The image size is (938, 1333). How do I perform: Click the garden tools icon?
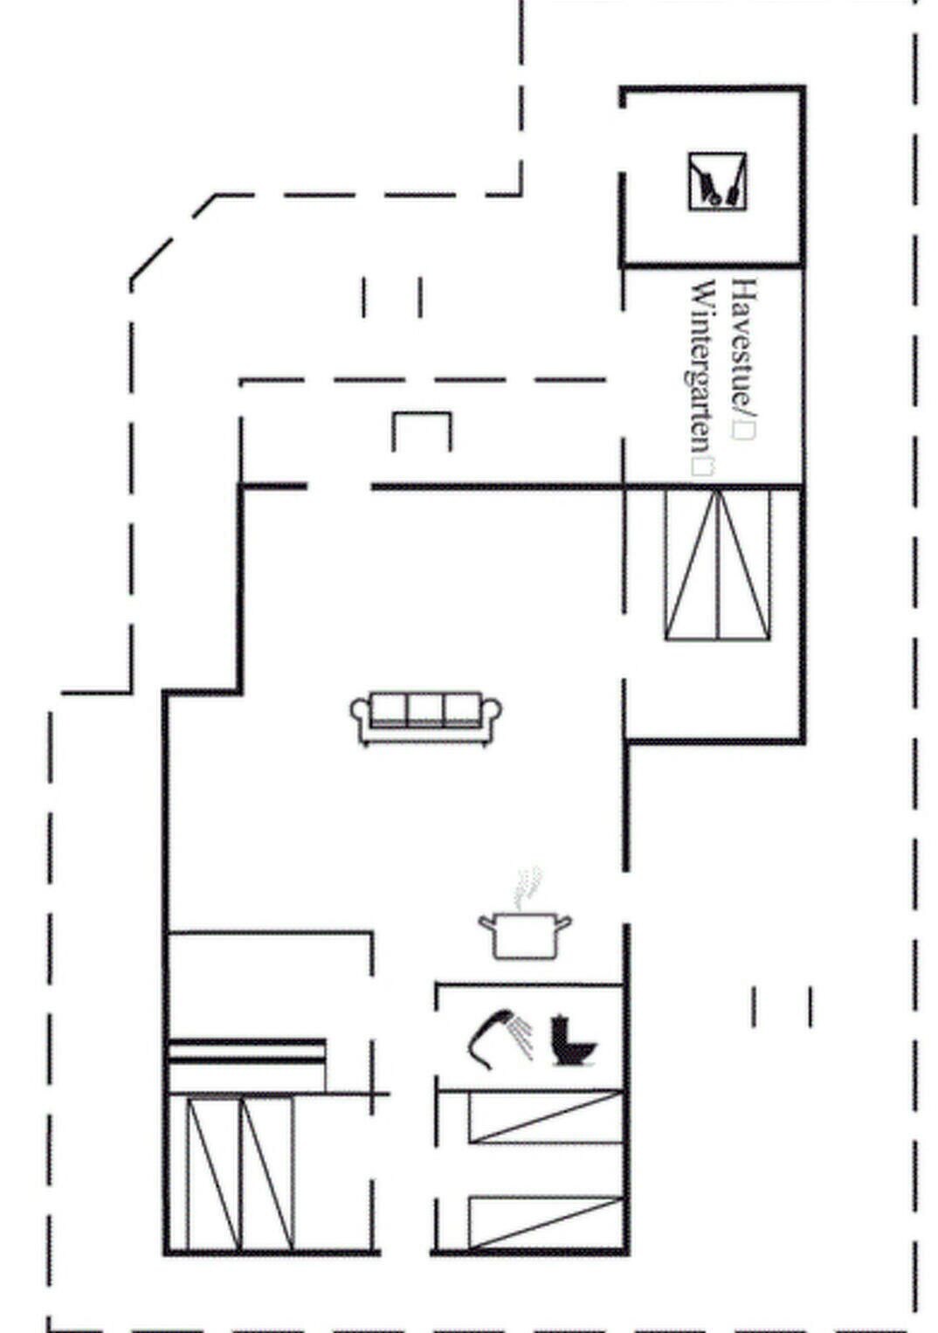pyautogui.click(x=717, y=181)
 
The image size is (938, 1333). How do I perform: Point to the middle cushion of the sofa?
pyautogui.click(x=425, y=709)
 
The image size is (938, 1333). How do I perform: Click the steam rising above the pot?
pyautogui.click(x=528, y=888)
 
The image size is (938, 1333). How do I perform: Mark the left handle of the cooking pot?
pyautogui.click(x=487, y=923)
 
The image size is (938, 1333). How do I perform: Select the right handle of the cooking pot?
pyautogui.click(x=563, y=923)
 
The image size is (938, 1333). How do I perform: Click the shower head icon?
pyautogui.click(x=500, y=1039)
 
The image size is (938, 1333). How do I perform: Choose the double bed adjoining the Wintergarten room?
pyautogui.click(x=717, y=564)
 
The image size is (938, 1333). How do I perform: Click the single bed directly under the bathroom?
pyautogui.click(x=546, y=1116)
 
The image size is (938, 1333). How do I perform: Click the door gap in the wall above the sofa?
pyautogui.click(x=339, y=487)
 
